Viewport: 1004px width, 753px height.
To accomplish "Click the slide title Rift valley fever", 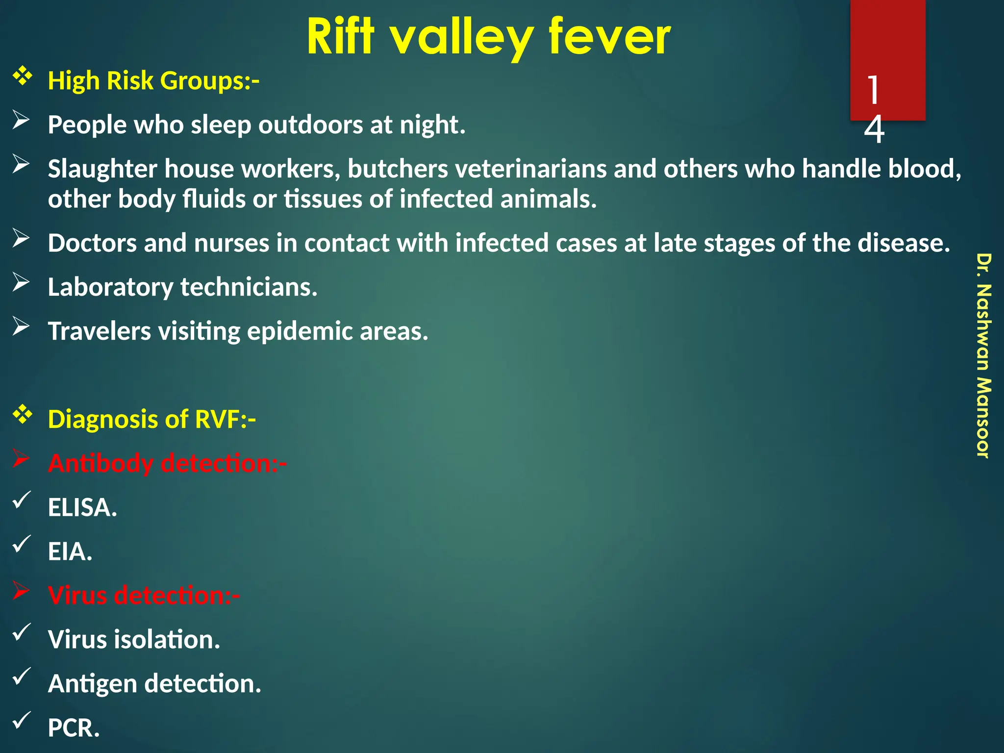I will tap(488, 37).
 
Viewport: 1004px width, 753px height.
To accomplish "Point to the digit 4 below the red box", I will tap(874, 130).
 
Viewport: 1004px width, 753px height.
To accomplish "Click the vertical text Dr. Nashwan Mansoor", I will tap(983, 355).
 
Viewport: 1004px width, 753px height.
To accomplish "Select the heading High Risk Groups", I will tap(153, 81).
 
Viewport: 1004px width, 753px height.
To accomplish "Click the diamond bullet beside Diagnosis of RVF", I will tap(23, 415).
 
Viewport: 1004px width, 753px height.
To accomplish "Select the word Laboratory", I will tap(110, 287).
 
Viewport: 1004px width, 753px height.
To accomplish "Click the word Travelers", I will tap(99, 331).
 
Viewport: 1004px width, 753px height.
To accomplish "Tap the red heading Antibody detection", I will tap(167, 463).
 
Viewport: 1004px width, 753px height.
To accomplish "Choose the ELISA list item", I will tap(82, 507).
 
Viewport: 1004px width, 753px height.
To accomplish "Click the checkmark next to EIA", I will tap(22, 544).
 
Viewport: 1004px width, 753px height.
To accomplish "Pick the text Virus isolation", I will tap(134, 640).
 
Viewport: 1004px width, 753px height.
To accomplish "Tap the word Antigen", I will tap(92, 684).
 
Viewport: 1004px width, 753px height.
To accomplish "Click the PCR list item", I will tap(74, 728).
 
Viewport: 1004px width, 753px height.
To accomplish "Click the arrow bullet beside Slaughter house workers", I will tap(22, 164).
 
